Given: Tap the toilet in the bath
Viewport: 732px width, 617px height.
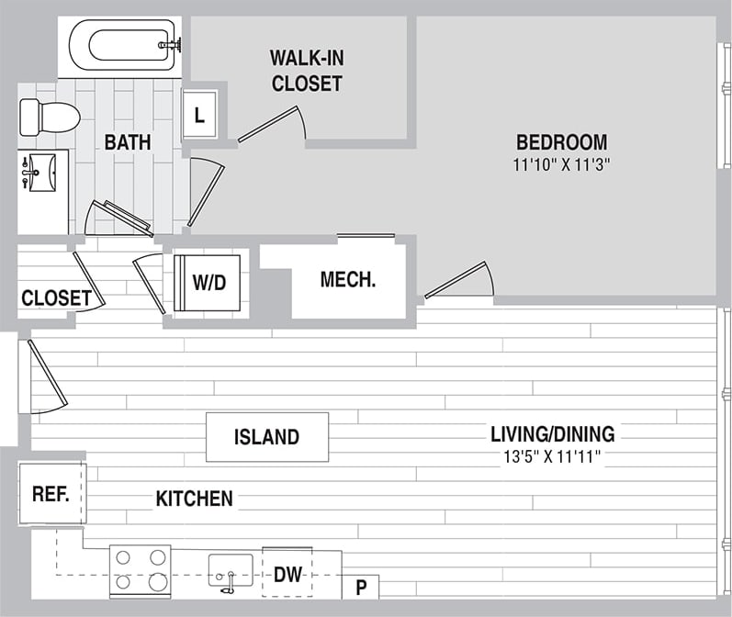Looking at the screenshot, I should [51, 118].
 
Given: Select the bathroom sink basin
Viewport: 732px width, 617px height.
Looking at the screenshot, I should [40, 172].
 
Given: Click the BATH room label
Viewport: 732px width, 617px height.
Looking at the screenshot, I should [127, 142].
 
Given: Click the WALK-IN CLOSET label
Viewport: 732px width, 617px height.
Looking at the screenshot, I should [306, 70].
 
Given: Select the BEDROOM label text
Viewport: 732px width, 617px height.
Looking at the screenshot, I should [561, 142].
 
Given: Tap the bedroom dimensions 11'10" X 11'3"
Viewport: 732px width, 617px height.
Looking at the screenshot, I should [561, 165].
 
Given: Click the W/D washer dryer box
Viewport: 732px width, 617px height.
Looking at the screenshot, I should [208, 282].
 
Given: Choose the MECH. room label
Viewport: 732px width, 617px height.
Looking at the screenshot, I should [348, 280].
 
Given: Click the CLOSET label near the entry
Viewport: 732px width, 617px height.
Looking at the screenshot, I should [56, 298].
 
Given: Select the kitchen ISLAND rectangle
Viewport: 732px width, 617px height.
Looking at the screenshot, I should [266, 437].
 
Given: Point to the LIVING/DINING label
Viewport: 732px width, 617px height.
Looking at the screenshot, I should [552, 434].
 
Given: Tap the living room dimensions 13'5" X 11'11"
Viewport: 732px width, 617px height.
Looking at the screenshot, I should [552, 456].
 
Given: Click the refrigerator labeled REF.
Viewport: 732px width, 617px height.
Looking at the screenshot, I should [51, 494].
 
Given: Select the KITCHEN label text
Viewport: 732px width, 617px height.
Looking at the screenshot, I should [194, 499].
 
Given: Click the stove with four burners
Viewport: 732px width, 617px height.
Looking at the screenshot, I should [140, 569].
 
